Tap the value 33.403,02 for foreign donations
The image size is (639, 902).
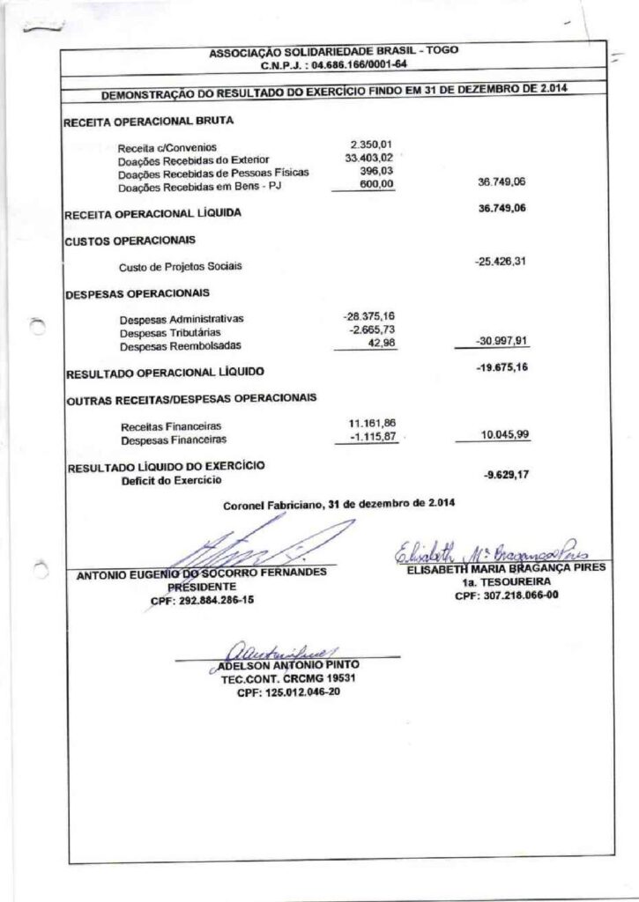click(x=368, y=158)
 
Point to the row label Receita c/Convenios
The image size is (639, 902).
click(x=167, y=148)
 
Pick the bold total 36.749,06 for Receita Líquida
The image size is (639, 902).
click(x=502, y=210)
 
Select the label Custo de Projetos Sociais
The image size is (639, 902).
click(x=180, y=266)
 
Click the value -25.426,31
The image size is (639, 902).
click(x=502, y=262)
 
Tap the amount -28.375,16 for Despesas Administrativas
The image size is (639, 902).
click(x=369, y=315)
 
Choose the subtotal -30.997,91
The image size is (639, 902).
click(x=502, y=341)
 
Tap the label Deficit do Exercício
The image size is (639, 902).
click(x=172, y=480)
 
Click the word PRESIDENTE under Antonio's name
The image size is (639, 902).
click(x=202, y=585)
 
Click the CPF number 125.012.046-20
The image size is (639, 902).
click(x=288, y=692)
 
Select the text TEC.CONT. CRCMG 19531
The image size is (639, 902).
click(x=288, y=679)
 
